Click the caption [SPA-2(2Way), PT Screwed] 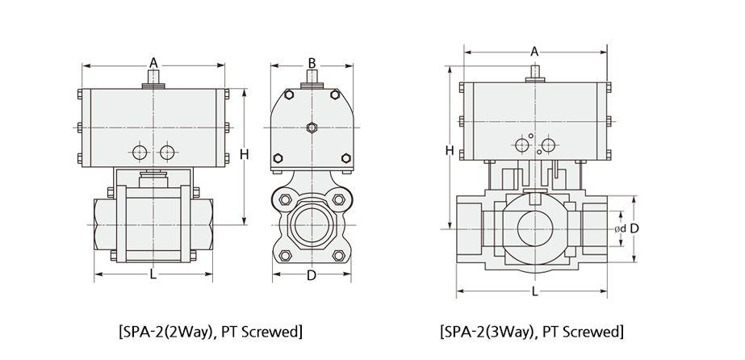(x=210, y=331)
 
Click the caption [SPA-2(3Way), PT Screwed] (x=531, y=331)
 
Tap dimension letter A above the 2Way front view (x=153, y=63)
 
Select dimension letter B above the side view (x=312, y=63)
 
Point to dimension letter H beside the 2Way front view (x=245, y=154)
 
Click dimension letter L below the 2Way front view (x=153, y=274)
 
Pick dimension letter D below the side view (x=312, y=275)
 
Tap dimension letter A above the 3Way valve (x=534, y=52)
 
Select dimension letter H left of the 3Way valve (x=450, y=151)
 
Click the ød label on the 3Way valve (x=620, y=229)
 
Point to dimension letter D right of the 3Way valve (x=634, y=228)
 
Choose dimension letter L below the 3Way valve (x=534, y=291)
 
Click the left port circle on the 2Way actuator (x=140, y=153)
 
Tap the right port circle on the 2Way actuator (x=167, y=153)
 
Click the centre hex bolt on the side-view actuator (x=312, y=128)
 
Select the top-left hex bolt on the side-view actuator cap (x=289, y=94)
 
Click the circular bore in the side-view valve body (x=312, y=224)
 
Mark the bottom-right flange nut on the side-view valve (x=338, y=256)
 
